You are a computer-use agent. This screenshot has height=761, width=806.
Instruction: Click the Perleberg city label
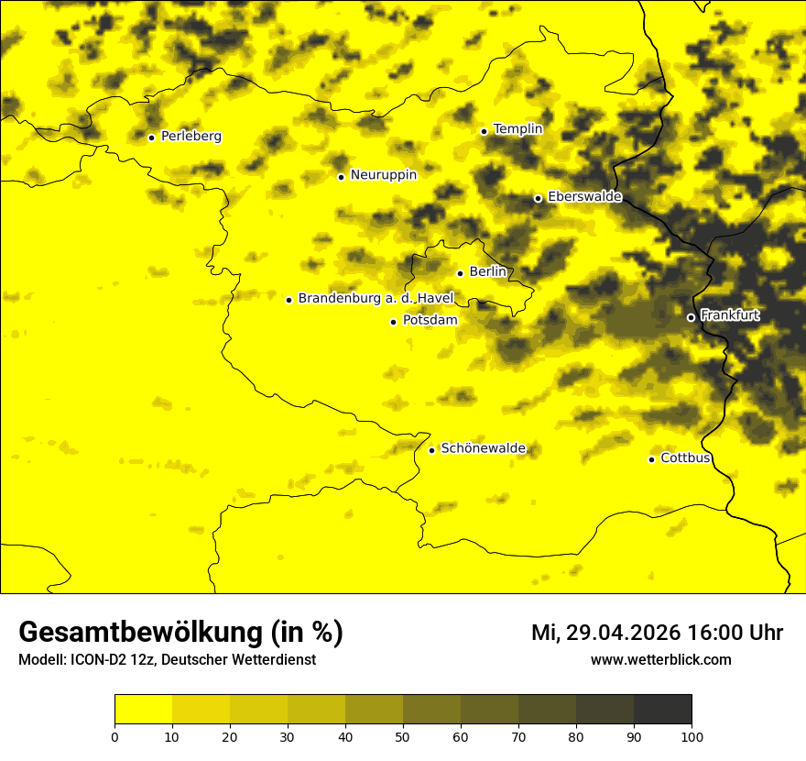click(191, 137)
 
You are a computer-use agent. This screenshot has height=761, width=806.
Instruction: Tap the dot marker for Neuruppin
click(341, 177)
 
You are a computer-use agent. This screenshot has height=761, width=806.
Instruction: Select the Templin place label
click(517, 129)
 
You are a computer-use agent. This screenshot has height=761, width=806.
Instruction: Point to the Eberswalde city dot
click(538, 198)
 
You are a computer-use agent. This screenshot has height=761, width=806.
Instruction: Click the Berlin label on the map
click(487, 272)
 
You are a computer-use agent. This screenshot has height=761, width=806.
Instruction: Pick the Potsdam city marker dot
click(393, 322)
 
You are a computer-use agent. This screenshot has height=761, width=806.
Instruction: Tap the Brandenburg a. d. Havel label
click(376, 299)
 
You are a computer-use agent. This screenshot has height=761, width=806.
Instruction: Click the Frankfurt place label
click(729, 315)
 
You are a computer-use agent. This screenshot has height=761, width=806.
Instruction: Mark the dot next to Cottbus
click(651, 459)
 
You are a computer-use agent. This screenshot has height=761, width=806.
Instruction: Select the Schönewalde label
click(483, 448)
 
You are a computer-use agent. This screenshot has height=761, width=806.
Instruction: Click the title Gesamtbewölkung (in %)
click(180, 633)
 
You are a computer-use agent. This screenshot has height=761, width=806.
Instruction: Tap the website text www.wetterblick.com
click(660, 659)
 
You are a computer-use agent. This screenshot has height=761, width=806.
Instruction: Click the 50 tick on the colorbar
click(403, 735)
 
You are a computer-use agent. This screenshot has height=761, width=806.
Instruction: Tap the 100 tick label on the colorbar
click(692, 735)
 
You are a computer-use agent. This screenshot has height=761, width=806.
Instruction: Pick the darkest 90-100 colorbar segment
click(662, 710)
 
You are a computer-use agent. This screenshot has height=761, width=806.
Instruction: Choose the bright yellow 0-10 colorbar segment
click(143, 710)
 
